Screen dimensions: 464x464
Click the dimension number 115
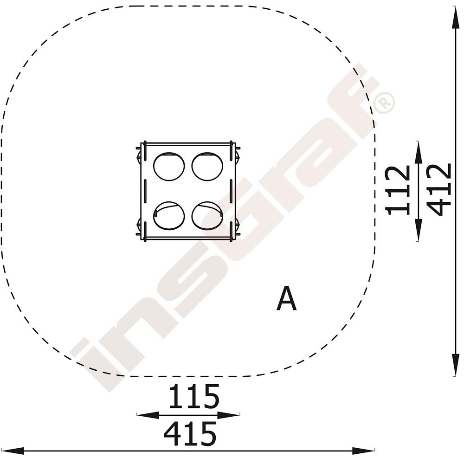pos(194,396)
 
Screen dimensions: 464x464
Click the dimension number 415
pos(190,434)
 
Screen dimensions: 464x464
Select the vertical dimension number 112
pos(398,190)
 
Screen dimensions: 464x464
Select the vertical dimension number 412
pos(439,189)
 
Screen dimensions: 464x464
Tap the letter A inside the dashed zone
pos(286,298)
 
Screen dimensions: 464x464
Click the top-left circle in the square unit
pos(169,166)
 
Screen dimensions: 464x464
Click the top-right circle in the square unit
pos(207,166)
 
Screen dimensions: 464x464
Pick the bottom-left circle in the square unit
pos(169,216)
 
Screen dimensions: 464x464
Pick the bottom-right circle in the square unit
pos(207,216)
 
